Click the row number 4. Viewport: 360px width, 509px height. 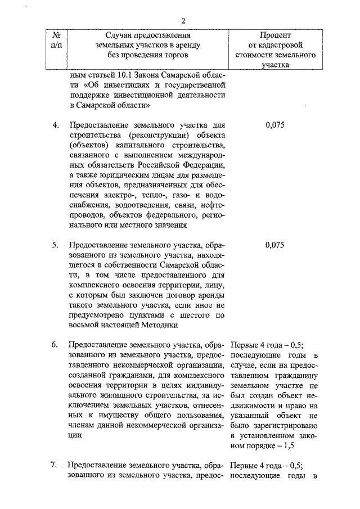(56, 125)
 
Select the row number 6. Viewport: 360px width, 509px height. (56, 345)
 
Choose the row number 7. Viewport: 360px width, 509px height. (55, 465)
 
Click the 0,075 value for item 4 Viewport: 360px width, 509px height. (274, 125)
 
